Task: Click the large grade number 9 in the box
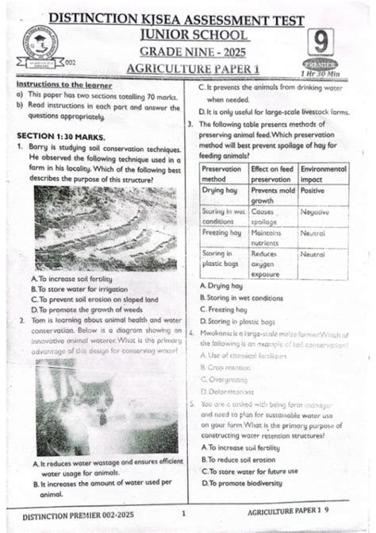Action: [319, 42]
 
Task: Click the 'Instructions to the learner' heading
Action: [64, 85]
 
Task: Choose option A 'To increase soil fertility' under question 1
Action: [72, 280]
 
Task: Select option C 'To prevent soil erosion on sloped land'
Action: [94, 299]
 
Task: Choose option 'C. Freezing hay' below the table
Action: [226, 309]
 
